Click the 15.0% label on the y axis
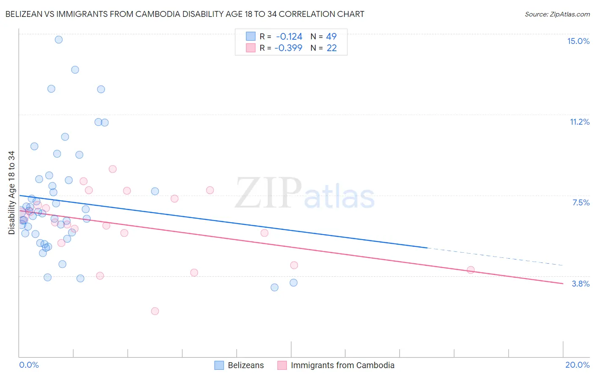[x=578, y=41]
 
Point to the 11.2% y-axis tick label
[x=579, y=122]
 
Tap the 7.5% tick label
[x=581, y=202]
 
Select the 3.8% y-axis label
[x=581, y=284]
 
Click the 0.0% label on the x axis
[x=29, y=365]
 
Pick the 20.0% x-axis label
[x=577, y=365]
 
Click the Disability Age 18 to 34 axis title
[x=11, y=193]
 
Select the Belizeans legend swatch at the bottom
[x=219, y=365]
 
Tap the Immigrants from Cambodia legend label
[x=342, y=365]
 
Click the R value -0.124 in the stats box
[x=289, y=36]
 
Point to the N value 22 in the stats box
[x=332, y=48]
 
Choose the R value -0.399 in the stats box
[x=288, y=48]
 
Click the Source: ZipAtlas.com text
[x=557, y=14]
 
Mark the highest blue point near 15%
[x=59, y=40]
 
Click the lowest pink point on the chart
[x=155, y=311]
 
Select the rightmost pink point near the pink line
[x=471, y=270]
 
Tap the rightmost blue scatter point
[x=293, y=283]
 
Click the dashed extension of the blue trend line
[x=495, y=257]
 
